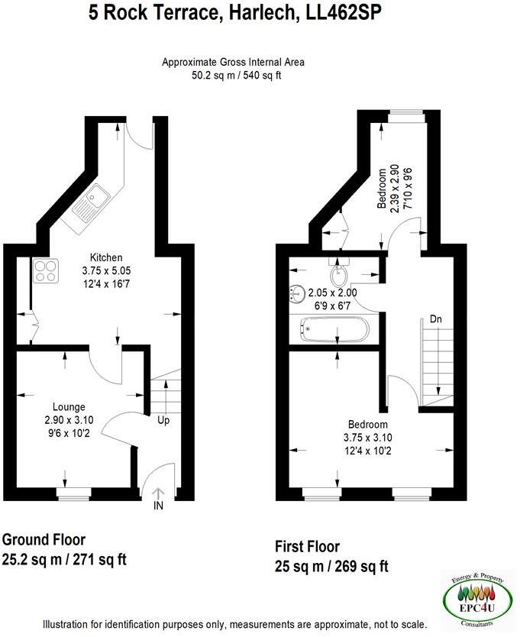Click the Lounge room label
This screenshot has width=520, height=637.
69,406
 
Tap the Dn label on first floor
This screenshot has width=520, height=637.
436,318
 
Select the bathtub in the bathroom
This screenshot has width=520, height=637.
334,331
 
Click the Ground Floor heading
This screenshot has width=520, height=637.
45,540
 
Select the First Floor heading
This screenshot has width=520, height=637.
307,547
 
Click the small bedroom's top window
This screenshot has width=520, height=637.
405,115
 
